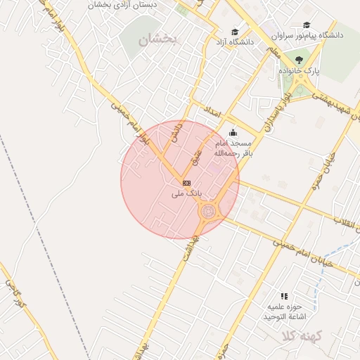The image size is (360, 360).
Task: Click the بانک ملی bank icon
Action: coord(186,183)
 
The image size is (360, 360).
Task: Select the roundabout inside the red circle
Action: coord(208,210)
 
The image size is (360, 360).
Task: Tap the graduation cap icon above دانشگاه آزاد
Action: coord(235,32)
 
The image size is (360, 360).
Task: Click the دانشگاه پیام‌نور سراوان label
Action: coord(312,34)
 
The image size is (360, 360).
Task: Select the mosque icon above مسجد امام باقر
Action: coord(233,132)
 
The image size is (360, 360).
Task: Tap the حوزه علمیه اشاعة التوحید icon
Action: coord(284,297)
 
